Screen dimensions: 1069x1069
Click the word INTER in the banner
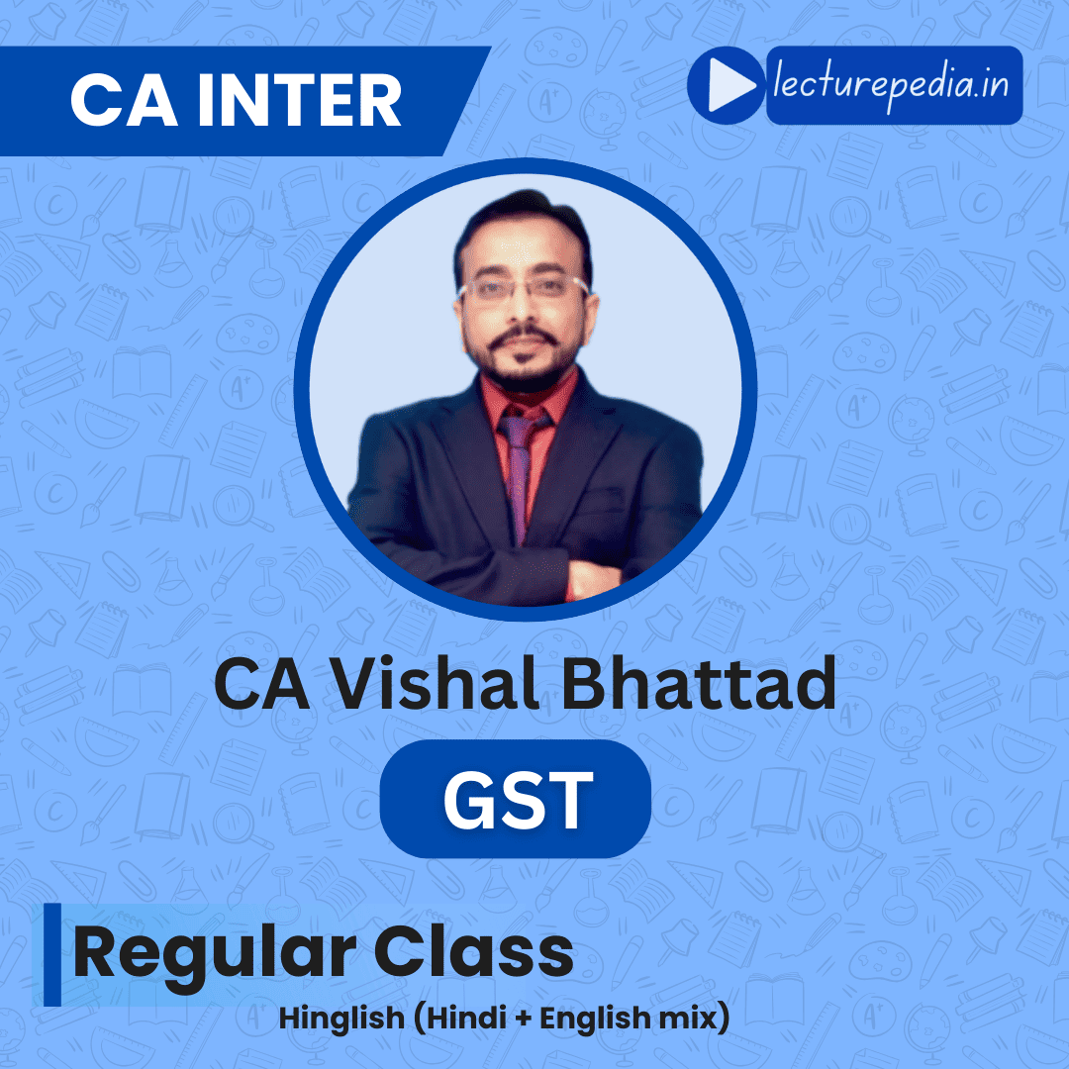click(299, 101)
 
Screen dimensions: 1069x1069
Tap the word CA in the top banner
click(124, 101)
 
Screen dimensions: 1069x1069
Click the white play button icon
click(730, 85)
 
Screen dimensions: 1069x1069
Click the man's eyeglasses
click(524, 289)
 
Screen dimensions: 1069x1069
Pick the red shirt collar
click(529, 399)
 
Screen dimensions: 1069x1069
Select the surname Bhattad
click(699, 682)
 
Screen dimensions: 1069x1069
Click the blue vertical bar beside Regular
click(52, 954)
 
